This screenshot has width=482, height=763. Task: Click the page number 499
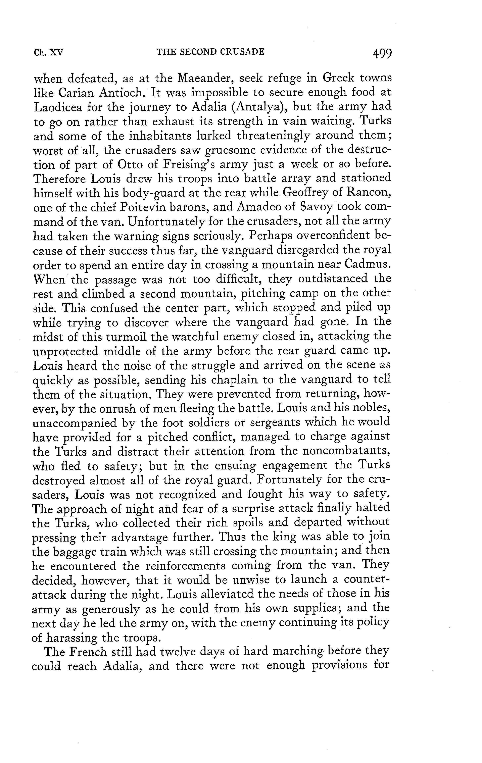(x=383, y=53)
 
